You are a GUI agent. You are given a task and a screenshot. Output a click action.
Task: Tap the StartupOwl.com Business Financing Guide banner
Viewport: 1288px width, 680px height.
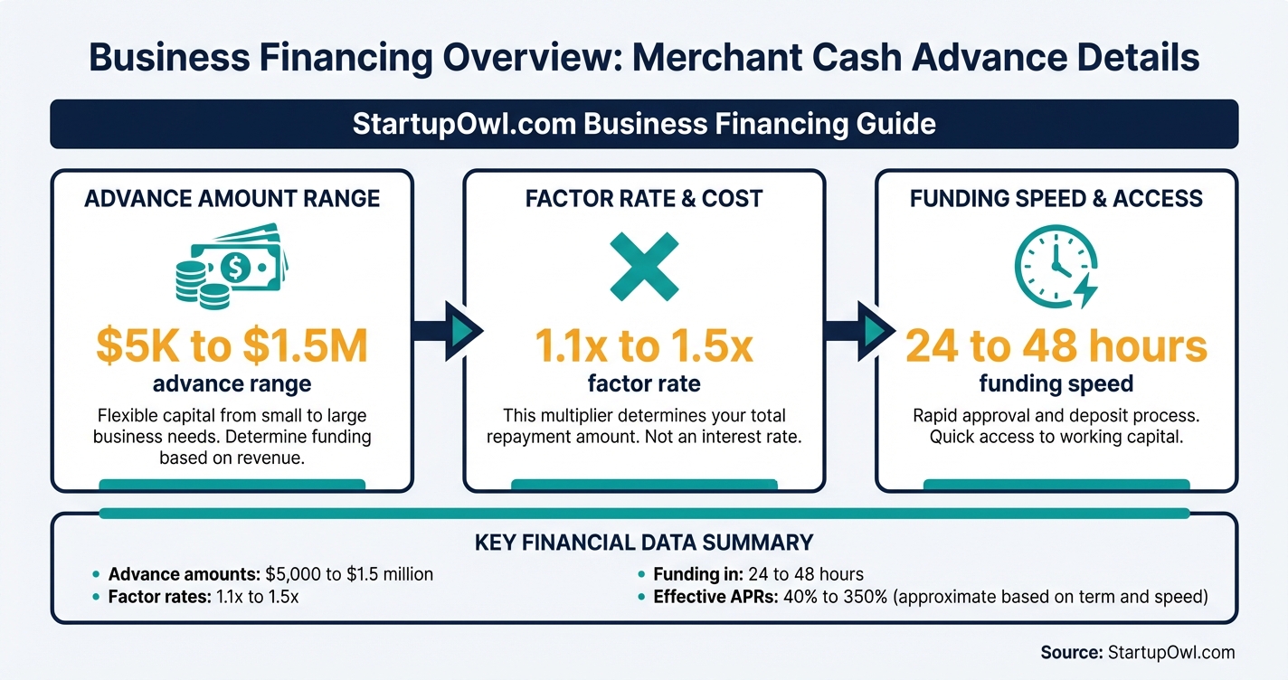(x=643, y=123)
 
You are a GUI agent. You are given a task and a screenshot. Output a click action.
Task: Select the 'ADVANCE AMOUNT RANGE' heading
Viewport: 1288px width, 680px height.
(x=232, y=198)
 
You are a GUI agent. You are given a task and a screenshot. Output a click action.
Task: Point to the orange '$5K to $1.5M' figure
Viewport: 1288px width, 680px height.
(x=232, y=346)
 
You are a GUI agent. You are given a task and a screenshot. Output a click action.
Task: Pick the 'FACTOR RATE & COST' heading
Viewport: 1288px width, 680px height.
(x=643, y=198)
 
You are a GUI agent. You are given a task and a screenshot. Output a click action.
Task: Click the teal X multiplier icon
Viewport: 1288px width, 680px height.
(x=643, y=267)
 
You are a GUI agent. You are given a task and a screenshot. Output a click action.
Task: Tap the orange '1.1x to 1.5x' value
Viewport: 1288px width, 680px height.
(x=643, y=346)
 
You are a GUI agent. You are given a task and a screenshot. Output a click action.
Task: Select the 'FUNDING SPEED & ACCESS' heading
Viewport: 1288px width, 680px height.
(x=1056, y=198)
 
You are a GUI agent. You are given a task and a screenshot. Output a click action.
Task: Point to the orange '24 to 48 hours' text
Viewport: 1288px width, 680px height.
(x=1056, y=346)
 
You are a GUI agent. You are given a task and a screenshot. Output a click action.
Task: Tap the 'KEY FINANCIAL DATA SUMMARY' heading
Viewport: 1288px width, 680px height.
(x=643, y=543)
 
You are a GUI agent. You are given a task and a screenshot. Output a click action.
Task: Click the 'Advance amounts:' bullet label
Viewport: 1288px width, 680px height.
(x=185, y=574)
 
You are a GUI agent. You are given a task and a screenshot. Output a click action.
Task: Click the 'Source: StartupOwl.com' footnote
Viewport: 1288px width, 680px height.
(x=1137, y=652)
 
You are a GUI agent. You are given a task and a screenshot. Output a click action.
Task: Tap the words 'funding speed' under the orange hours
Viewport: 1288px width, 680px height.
(x=1056, y=384)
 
